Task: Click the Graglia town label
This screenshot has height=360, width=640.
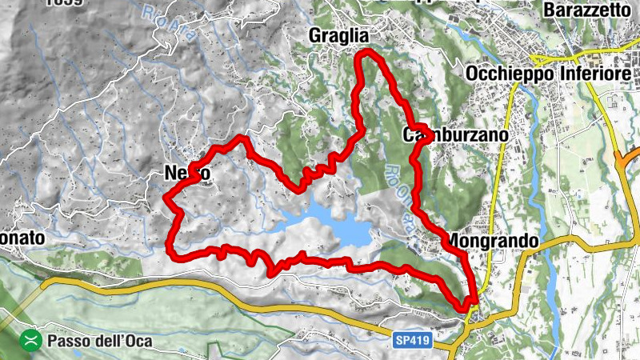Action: point(339,36)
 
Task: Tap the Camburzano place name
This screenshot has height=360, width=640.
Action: point(455,136)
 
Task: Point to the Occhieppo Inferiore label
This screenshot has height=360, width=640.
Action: point(547,74)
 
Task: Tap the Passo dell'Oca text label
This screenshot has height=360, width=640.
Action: point(99,341)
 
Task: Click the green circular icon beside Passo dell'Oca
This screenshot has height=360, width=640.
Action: point(31,341)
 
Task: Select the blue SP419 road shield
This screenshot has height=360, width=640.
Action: point(413,342)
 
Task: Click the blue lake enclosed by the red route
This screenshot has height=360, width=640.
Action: point(336,225)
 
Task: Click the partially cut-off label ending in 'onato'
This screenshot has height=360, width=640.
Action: point(22,238)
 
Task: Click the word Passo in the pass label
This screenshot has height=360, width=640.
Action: point(66,341)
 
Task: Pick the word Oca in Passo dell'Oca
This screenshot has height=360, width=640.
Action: point(138,341)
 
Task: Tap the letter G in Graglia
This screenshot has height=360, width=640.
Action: point(317,36)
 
